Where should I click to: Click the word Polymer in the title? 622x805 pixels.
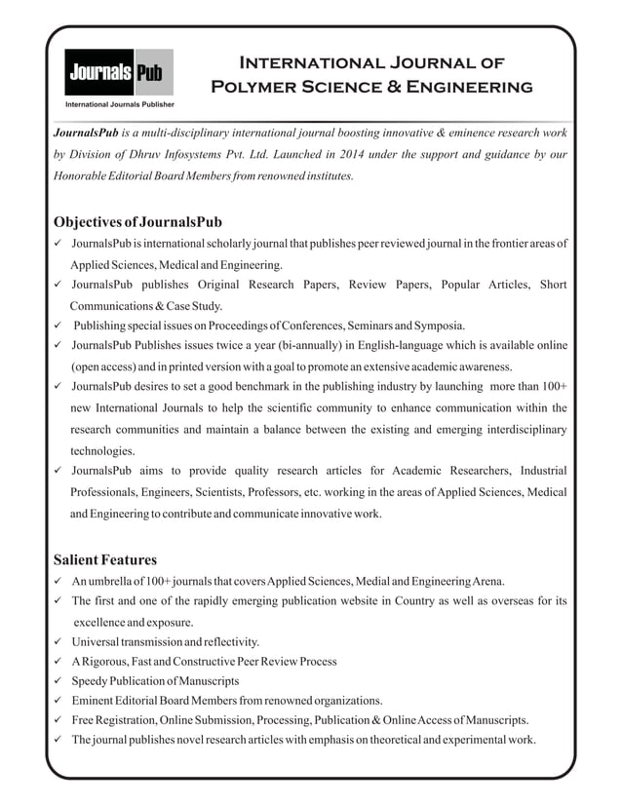coord(256,87)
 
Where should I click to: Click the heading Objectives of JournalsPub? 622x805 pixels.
coord(137,221)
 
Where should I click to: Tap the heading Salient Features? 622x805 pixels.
coord(104,559)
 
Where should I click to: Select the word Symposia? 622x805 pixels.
coord(439,325)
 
